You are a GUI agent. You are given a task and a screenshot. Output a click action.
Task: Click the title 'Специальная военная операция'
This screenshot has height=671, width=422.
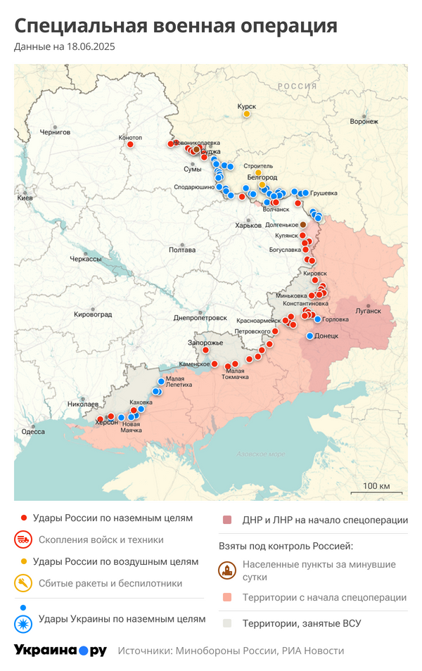click(x=176, y=27)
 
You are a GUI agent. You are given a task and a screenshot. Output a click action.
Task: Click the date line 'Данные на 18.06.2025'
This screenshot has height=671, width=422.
click(x=64, y=47)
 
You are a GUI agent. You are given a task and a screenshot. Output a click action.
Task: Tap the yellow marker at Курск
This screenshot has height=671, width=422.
click(x=247, y=113)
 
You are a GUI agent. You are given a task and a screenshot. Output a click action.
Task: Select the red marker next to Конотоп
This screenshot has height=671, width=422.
click(x=131, y=144)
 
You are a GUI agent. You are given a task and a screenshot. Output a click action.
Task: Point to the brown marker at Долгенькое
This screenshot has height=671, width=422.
click(x=303, y=225)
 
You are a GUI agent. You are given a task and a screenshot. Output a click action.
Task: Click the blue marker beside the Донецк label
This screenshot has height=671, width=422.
click(x=309, y=337)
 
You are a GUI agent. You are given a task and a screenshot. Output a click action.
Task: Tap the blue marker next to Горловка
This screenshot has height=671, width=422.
click(x=318, y=319)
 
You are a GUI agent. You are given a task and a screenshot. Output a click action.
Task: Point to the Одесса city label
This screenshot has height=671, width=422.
click(x=33, y=431)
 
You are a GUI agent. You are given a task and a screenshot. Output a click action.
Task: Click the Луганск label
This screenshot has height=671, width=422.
click(x=368, y=310)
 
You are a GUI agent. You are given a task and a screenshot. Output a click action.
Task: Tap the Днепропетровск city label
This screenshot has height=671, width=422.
click(x=200, y=318)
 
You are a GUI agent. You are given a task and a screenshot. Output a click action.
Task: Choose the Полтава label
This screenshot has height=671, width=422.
click(x=182, y=250)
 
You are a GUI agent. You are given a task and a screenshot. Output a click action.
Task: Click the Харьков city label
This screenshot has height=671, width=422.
click(x=248, y=225)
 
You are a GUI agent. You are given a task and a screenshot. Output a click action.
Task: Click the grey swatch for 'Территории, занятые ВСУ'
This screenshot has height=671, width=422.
click(x=227, y=623)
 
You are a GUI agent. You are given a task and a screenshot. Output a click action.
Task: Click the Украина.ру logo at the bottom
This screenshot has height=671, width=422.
click(x=60, y=651)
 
